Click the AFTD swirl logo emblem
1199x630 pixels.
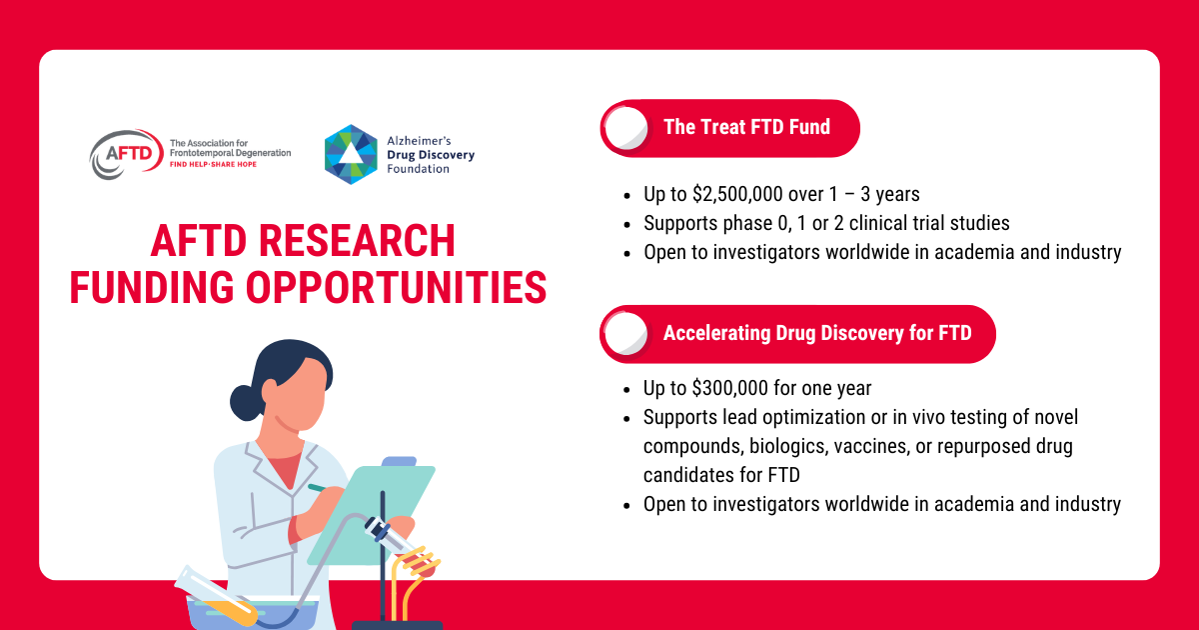(126, 154)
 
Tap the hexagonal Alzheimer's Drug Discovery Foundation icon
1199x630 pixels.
(351, 155)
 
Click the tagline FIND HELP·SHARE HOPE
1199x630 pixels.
(213, 164)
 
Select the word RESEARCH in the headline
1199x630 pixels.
(357, 241)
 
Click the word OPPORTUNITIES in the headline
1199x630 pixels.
(396, 288)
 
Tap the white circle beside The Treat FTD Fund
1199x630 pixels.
(626, 128)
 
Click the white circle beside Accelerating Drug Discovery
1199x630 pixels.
(625, 334)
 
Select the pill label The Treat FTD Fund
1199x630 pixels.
(746, 128)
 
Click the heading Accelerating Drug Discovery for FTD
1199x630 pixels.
(817, 333)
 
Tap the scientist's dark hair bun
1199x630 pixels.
(246, 403)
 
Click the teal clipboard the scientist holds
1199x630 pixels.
(372, 515)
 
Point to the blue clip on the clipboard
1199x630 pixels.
(400, 461)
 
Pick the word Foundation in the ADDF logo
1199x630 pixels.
(418, 169)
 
